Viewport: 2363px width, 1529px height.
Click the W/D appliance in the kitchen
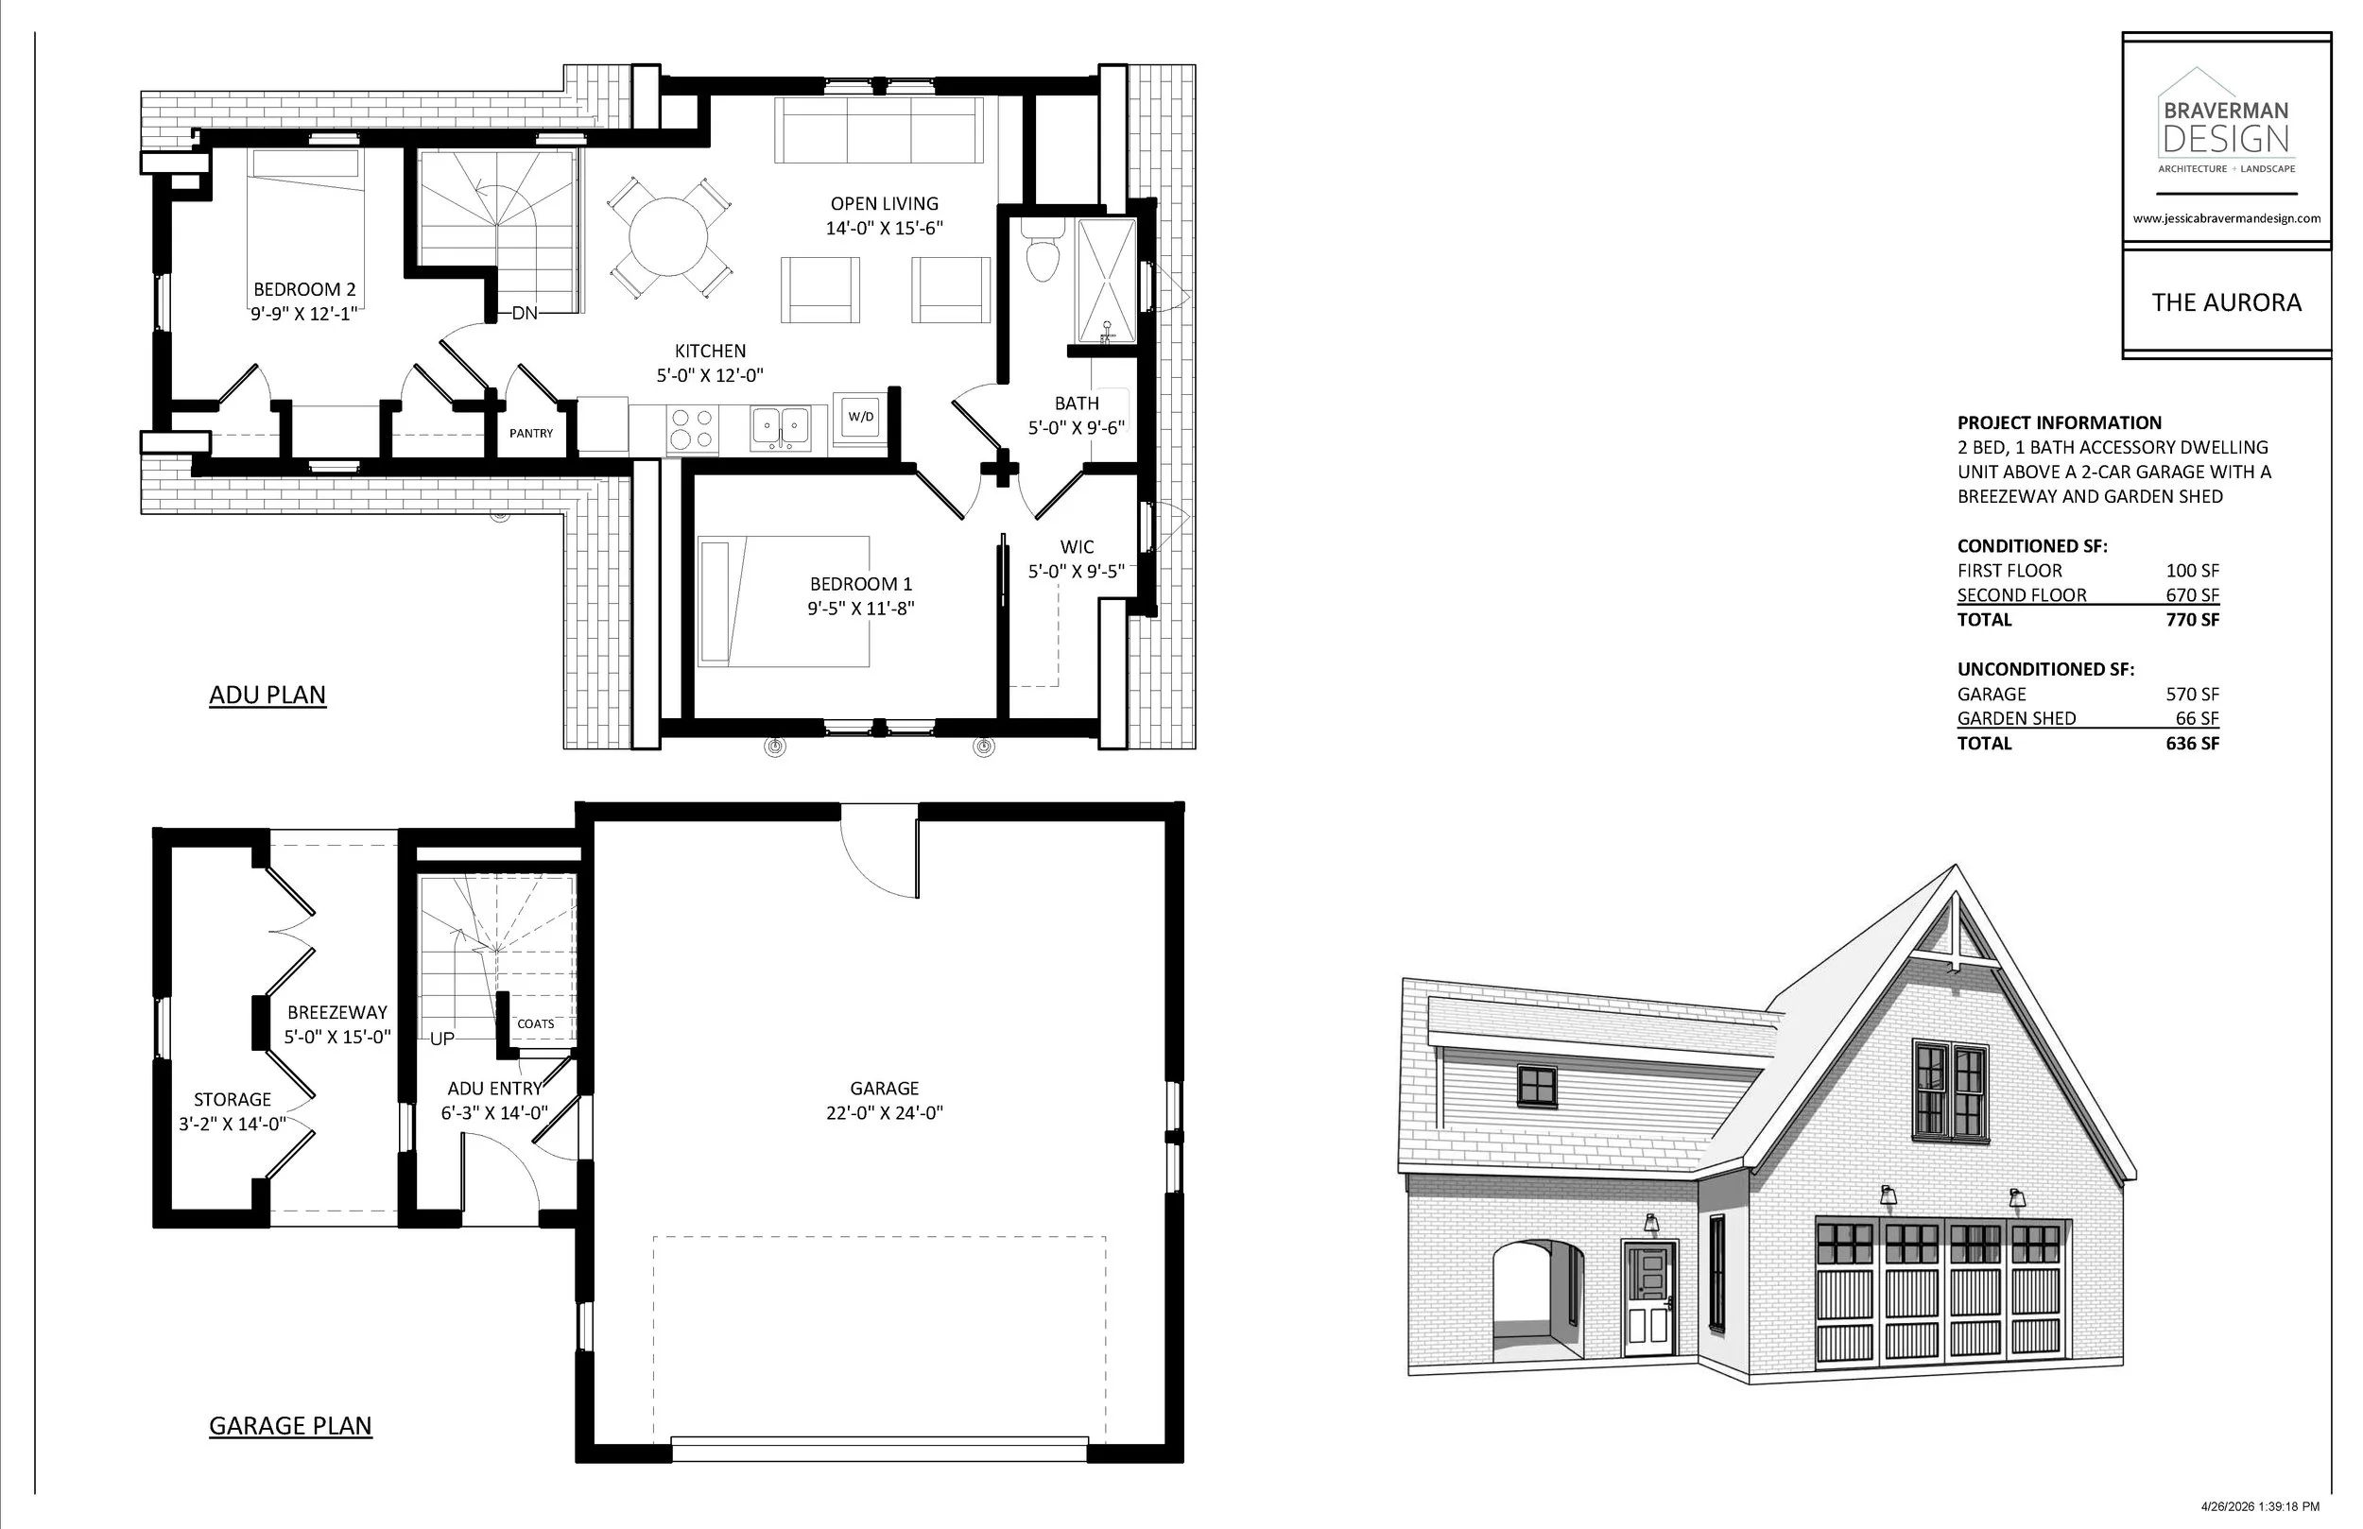point(860,417)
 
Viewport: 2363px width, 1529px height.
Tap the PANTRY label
point(531,434)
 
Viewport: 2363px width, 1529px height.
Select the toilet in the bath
point(1043,251)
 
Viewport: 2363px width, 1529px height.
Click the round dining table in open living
point(668,236)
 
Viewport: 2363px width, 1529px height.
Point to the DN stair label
point(525,314)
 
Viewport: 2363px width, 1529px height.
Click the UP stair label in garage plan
point(441,1039)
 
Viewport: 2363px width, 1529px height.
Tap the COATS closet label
point(536,1023)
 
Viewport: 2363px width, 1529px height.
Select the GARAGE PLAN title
point(290,1426)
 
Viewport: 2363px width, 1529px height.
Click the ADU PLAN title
point(267,695)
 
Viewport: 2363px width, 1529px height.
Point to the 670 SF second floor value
point(2192,594)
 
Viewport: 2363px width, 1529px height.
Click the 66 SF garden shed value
point(2198,718)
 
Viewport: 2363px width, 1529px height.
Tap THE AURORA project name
point(2227,302)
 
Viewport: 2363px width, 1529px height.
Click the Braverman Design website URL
point(2227,218)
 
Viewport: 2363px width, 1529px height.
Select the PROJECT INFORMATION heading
point(2060,423)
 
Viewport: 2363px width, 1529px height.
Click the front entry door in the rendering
point(1648,1299)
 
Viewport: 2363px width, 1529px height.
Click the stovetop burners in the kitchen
point(691,429)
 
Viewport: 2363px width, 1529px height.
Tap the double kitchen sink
point(781,429)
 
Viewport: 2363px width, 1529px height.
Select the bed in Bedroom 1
point(784,602)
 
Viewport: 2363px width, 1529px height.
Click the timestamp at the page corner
point(2260,1506)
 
